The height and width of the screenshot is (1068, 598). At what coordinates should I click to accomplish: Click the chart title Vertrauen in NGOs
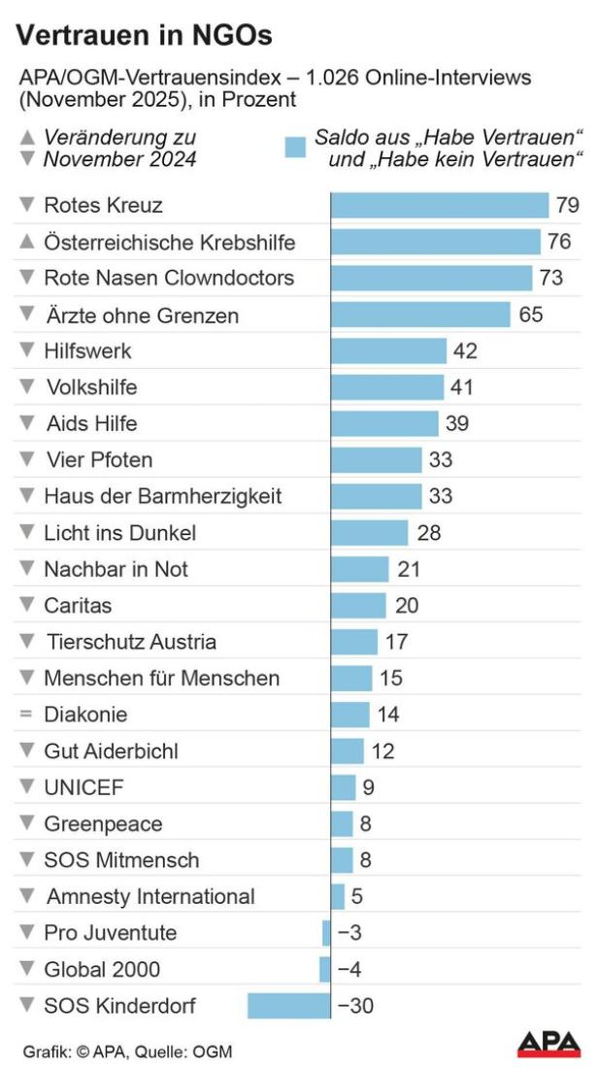(144, 36)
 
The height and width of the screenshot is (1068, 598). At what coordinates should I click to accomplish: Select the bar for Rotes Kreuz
(440, 206)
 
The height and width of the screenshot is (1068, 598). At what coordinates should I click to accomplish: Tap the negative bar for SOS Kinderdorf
(289, 1006)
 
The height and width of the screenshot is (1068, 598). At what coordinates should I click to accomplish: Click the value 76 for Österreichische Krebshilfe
(558, 242)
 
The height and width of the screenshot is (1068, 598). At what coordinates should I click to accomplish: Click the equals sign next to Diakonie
(26, 715)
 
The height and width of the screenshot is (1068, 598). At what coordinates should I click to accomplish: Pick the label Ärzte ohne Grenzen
(142, 316)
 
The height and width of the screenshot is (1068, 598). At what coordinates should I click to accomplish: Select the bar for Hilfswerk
(388, 351)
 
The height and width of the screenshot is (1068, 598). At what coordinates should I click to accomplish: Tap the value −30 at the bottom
(355, 1006)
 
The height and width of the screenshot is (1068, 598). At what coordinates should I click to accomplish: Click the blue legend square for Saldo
(296, 148)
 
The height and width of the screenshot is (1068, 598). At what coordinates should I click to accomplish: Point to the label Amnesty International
(150, 896)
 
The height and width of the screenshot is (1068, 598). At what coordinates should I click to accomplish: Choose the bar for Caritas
(358, 606)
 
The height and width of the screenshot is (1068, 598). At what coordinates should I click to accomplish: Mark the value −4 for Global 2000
(350, 969)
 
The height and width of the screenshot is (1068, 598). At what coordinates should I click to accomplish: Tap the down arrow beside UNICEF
(26, 787)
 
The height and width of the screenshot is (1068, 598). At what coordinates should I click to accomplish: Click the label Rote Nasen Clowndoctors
(169, 278)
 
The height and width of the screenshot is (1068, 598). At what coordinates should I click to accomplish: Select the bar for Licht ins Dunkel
(369, 533)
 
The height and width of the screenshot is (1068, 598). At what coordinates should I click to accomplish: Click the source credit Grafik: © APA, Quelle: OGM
(128, 1051)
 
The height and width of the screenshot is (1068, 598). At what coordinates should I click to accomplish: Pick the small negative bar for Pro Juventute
(326, 933)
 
